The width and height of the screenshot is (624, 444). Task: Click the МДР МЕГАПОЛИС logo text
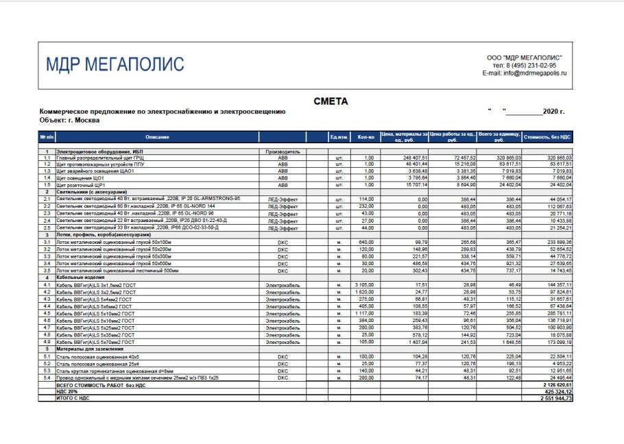coord(115,64)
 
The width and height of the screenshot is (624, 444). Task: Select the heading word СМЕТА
coord(331,101)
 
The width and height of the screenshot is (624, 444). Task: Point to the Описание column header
coord(157,137)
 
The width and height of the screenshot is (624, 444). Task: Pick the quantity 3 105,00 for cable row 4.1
coord(364,284)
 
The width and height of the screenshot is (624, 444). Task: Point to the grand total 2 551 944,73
coord(555,398)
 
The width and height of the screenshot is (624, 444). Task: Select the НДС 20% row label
coord(69,392)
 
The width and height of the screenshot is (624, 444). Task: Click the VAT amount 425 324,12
coord(556,392)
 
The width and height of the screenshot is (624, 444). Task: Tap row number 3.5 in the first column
coord(47,271)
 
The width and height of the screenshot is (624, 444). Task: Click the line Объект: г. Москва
coord(70,120)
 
